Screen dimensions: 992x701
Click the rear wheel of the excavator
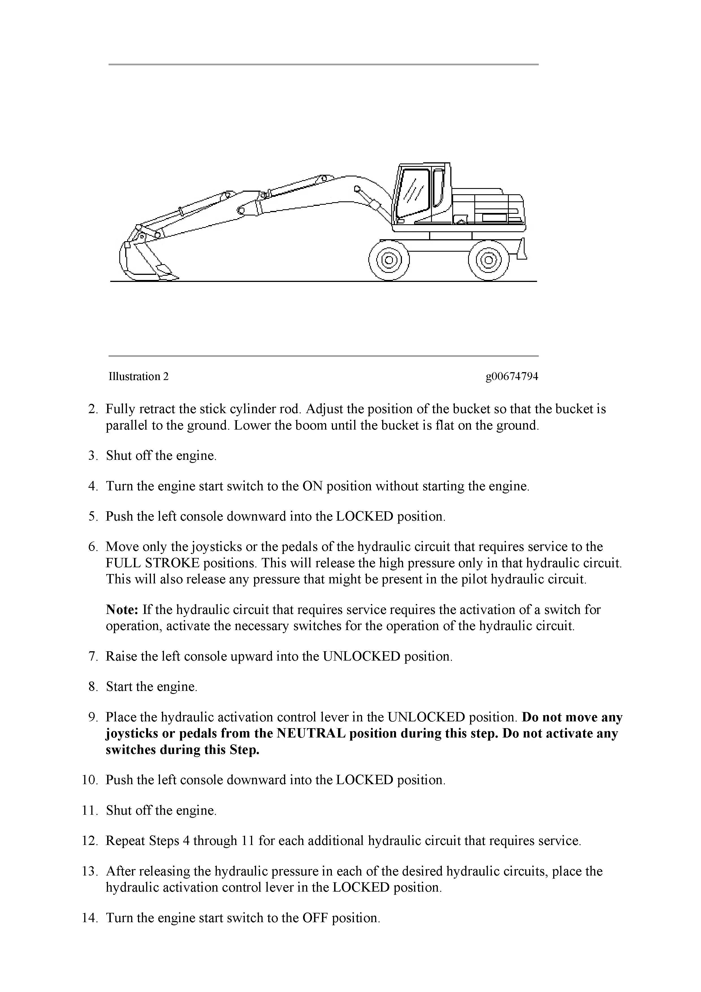point(488,260)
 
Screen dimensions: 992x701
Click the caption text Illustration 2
point(138,376)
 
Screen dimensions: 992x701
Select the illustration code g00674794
point(512,376)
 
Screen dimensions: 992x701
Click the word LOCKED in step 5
point(365,516)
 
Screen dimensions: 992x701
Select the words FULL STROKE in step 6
point(152,563)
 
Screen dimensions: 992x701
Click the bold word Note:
point(122,610)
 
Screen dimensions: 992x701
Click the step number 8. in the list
point(93,687)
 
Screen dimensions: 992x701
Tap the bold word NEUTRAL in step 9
point(311,733)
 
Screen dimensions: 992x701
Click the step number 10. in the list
point(90,780)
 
